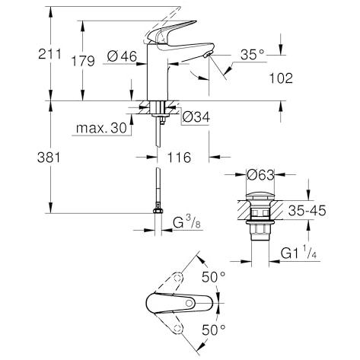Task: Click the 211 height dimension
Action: click(49, 54)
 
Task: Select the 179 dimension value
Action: click(83, 61)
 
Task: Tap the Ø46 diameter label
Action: click(122, 56)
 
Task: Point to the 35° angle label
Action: click(253, 54)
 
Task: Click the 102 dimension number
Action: click(281, 78)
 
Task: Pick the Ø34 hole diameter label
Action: click(196, 117)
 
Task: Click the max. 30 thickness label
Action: click(101, 128)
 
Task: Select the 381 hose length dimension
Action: click(49, 158)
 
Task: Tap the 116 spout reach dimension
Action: click(179, 158)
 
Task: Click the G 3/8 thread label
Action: click(186, 222)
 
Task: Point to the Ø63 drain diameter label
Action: click(261, 175)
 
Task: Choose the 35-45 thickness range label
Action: click(307, 210)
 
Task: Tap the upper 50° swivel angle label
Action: click(214, 277)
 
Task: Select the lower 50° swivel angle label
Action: click(214, 330)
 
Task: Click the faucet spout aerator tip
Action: click(209, 54)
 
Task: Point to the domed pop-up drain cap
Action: click(260, 196)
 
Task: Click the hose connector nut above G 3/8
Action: click(158, 210)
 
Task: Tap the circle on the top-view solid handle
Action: click(189, 303)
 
